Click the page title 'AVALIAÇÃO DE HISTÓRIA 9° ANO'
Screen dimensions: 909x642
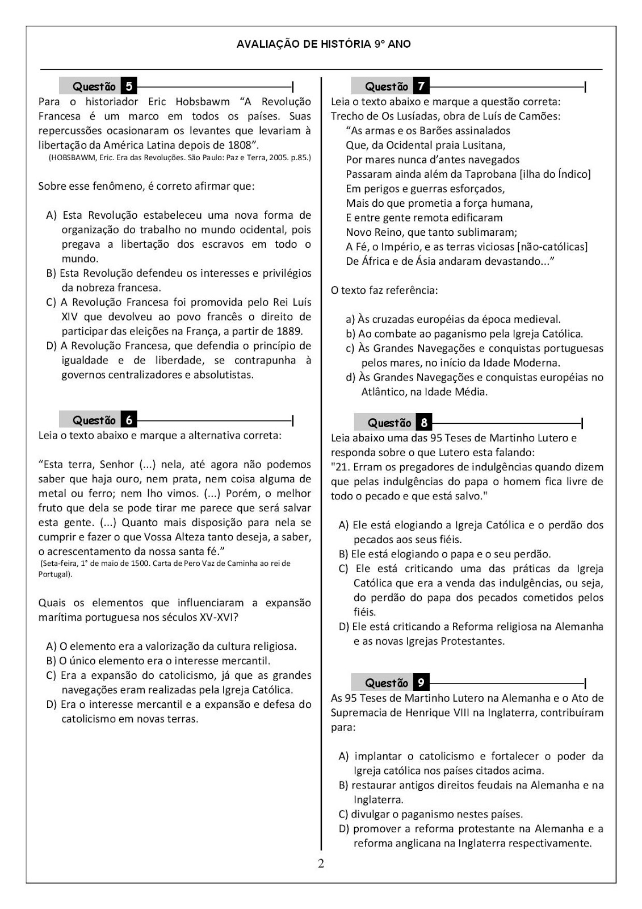pyautogui.click(x=324, y=44)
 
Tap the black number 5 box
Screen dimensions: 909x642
pyautogui.click(x=129, y=86)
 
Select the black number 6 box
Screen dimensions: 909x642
pyautogui.click(x=129, y=420)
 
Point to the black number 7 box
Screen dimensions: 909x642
pyautogui.click(x=421, y=86)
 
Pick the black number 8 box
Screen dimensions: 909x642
pyautogui.click(x=423, y=423)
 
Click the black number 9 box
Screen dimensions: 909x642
pyautogui.click(x=421, y=683)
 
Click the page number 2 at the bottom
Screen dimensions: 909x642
pyautogui.click(x=321, y=864)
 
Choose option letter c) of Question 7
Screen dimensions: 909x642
pyautogui.click(x=350, y=348)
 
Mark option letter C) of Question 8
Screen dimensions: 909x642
pyautogui.click(x=343, y=569)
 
